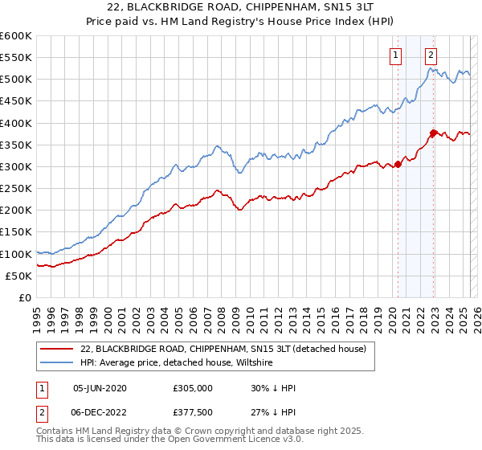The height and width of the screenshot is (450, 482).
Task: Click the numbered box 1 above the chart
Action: click(396, 55)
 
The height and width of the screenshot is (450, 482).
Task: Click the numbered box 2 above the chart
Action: click(431, 55)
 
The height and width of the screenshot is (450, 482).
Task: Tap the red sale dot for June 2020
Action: click(398, 165)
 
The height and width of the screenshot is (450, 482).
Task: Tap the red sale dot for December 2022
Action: click(433, 133)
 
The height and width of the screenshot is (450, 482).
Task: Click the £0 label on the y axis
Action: click(25, 297)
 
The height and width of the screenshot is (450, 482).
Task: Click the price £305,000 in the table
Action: click(191, 388)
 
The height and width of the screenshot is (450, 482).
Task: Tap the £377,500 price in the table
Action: click(191, 412)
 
